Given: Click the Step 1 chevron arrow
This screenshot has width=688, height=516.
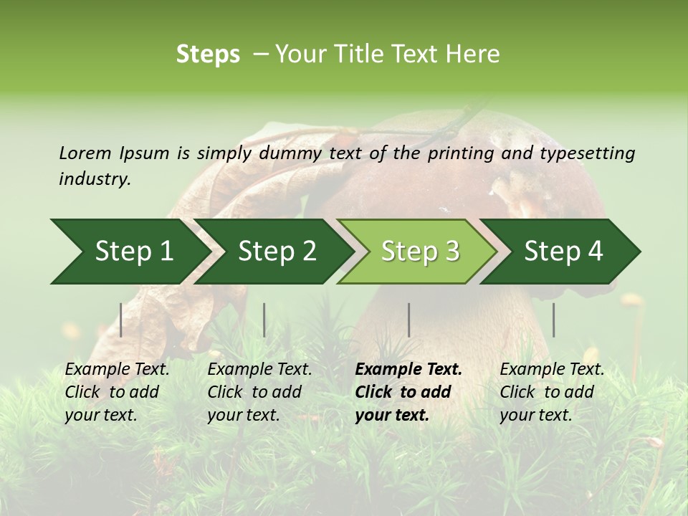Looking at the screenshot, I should pyautogui.click(x=125, y=252).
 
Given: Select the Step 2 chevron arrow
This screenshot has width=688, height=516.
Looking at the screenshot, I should pyautogui.click(x=272, y=252).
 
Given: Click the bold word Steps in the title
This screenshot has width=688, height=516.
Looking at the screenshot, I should pyautogui.click(x=208, y=54).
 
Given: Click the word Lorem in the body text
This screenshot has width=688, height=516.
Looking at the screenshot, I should pyautogui.click(x=85, y=153).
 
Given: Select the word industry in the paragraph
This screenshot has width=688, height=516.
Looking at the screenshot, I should pyautogui.click(x=94, y=179).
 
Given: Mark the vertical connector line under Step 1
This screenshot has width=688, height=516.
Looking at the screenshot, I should pyautogui.click(x=121, y=320).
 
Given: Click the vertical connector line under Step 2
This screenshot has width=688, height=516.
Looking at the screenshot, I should pyautogui.click(x=264, y=320).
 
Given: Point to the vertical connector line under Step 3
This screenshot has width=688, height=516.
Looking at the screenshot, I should pyautogui.click(x=409, y=320).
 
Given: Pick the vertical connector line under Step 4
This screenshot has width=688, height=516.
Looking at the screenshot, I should pyautogui.click(x=553, y=320).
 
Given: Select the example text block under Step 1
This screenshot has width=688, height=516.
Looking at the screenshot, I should pyautogui.click(x=117, y=392).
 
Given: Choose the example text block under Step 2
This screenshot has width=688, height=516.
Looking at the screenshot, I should pyautogui.click(x=259, y=392).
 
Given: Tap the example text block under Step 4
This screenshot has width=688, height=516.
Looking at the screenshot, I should pyautogui.click(x=552, y=392).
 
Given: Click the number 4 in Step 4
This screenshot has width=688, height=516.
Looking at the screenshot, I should pyautogui.click(x=596, y=252).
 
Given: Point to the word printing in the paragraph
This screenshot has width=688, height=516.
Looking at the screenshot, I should pyautogui.click(x=464, y=153).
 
